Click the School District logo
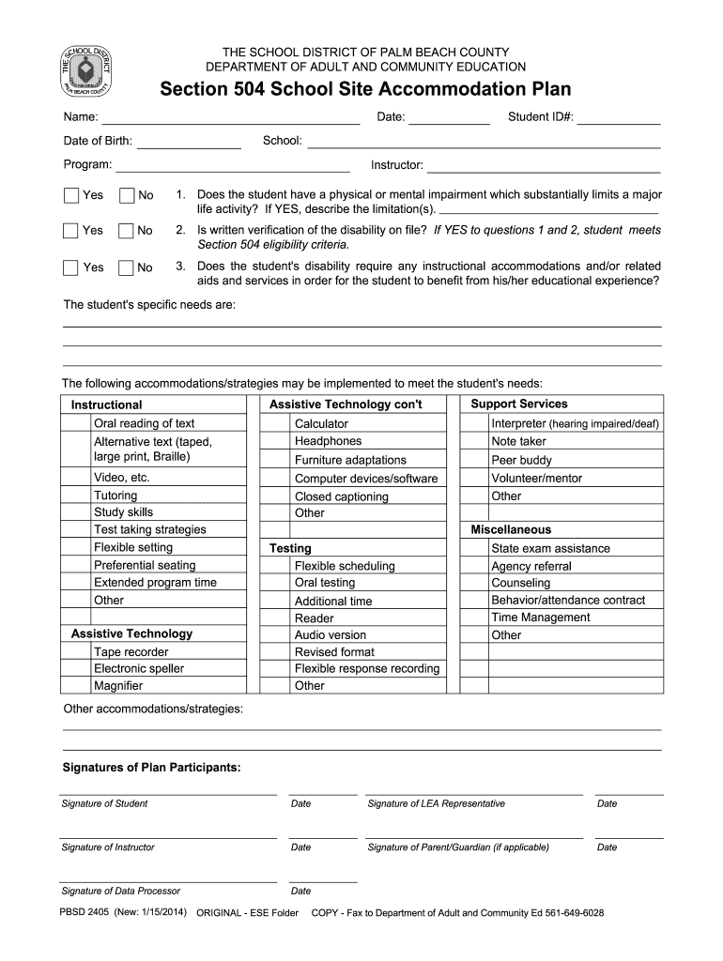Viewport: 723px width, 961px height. click(x=85, y=71)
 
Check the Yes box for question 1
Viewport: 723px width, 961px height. click(x=71, y=195)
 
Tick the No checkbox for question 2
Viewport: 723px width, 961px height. click(x=127, y=231)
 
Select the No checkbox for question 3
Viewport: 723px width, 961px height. click(x=127, y=267)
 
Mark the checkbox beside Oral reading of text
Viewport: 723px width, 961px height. click(x=76, y=424)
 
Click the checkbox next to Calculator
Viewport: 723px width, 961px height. click(x=275, y=424)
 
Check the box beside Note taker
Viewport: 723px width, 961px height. click(x=474, y=442)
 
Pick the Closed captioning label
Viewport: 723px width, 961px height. click(x=341, y=496)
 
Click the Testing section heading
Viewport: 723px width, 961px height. click(x=290, y=548)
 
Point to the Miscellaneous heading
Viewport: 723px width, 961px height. click(x=511, y=530)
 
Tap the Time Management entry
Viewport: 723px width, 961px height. click(x=540, y=618)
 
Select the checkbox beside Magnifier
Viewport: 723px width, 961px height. click(x=76, y=686)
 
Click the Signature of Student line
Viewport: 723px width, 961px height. click(x=169, y=793)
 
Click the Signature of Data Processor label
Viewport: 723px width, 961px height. click(x=120, y=891)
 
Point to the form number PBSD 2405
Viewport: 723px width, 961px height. click(x=85, y=912)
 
